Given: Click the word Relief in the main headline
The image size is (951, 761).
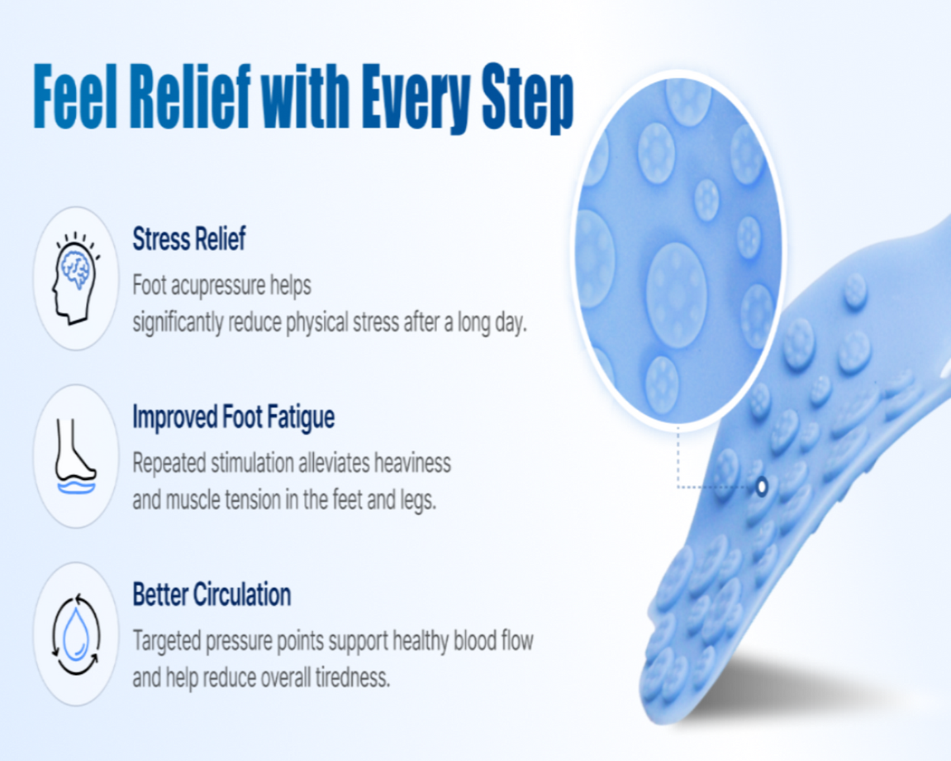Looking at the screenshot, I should point(190,96).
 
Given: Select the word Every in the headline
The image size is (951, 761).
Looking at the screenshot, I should point(416,97).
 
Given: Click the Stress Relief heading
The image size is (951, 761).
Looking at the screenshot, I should point(189,239).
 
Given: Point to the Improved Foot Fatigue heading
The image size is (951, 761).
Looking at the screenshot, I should point(234,417).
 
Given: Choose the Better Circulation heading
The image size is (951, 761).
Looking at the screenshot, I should point(212,595).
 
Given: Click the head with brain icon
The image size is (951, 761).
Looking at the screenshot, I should point(76,278).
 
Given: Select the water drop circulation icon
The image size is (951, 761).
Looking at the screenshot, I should point(76,635).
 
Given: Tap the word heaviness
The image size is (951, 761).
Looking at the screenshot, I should point(413,463).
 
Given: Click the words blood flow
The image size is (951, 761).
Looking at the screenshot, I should point(494,641).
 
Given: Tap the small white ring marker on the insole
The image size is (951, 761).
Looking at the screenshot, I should point(762,487).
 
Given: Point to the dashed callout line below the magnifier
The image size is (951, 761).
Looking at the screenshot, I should point(679,461).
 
